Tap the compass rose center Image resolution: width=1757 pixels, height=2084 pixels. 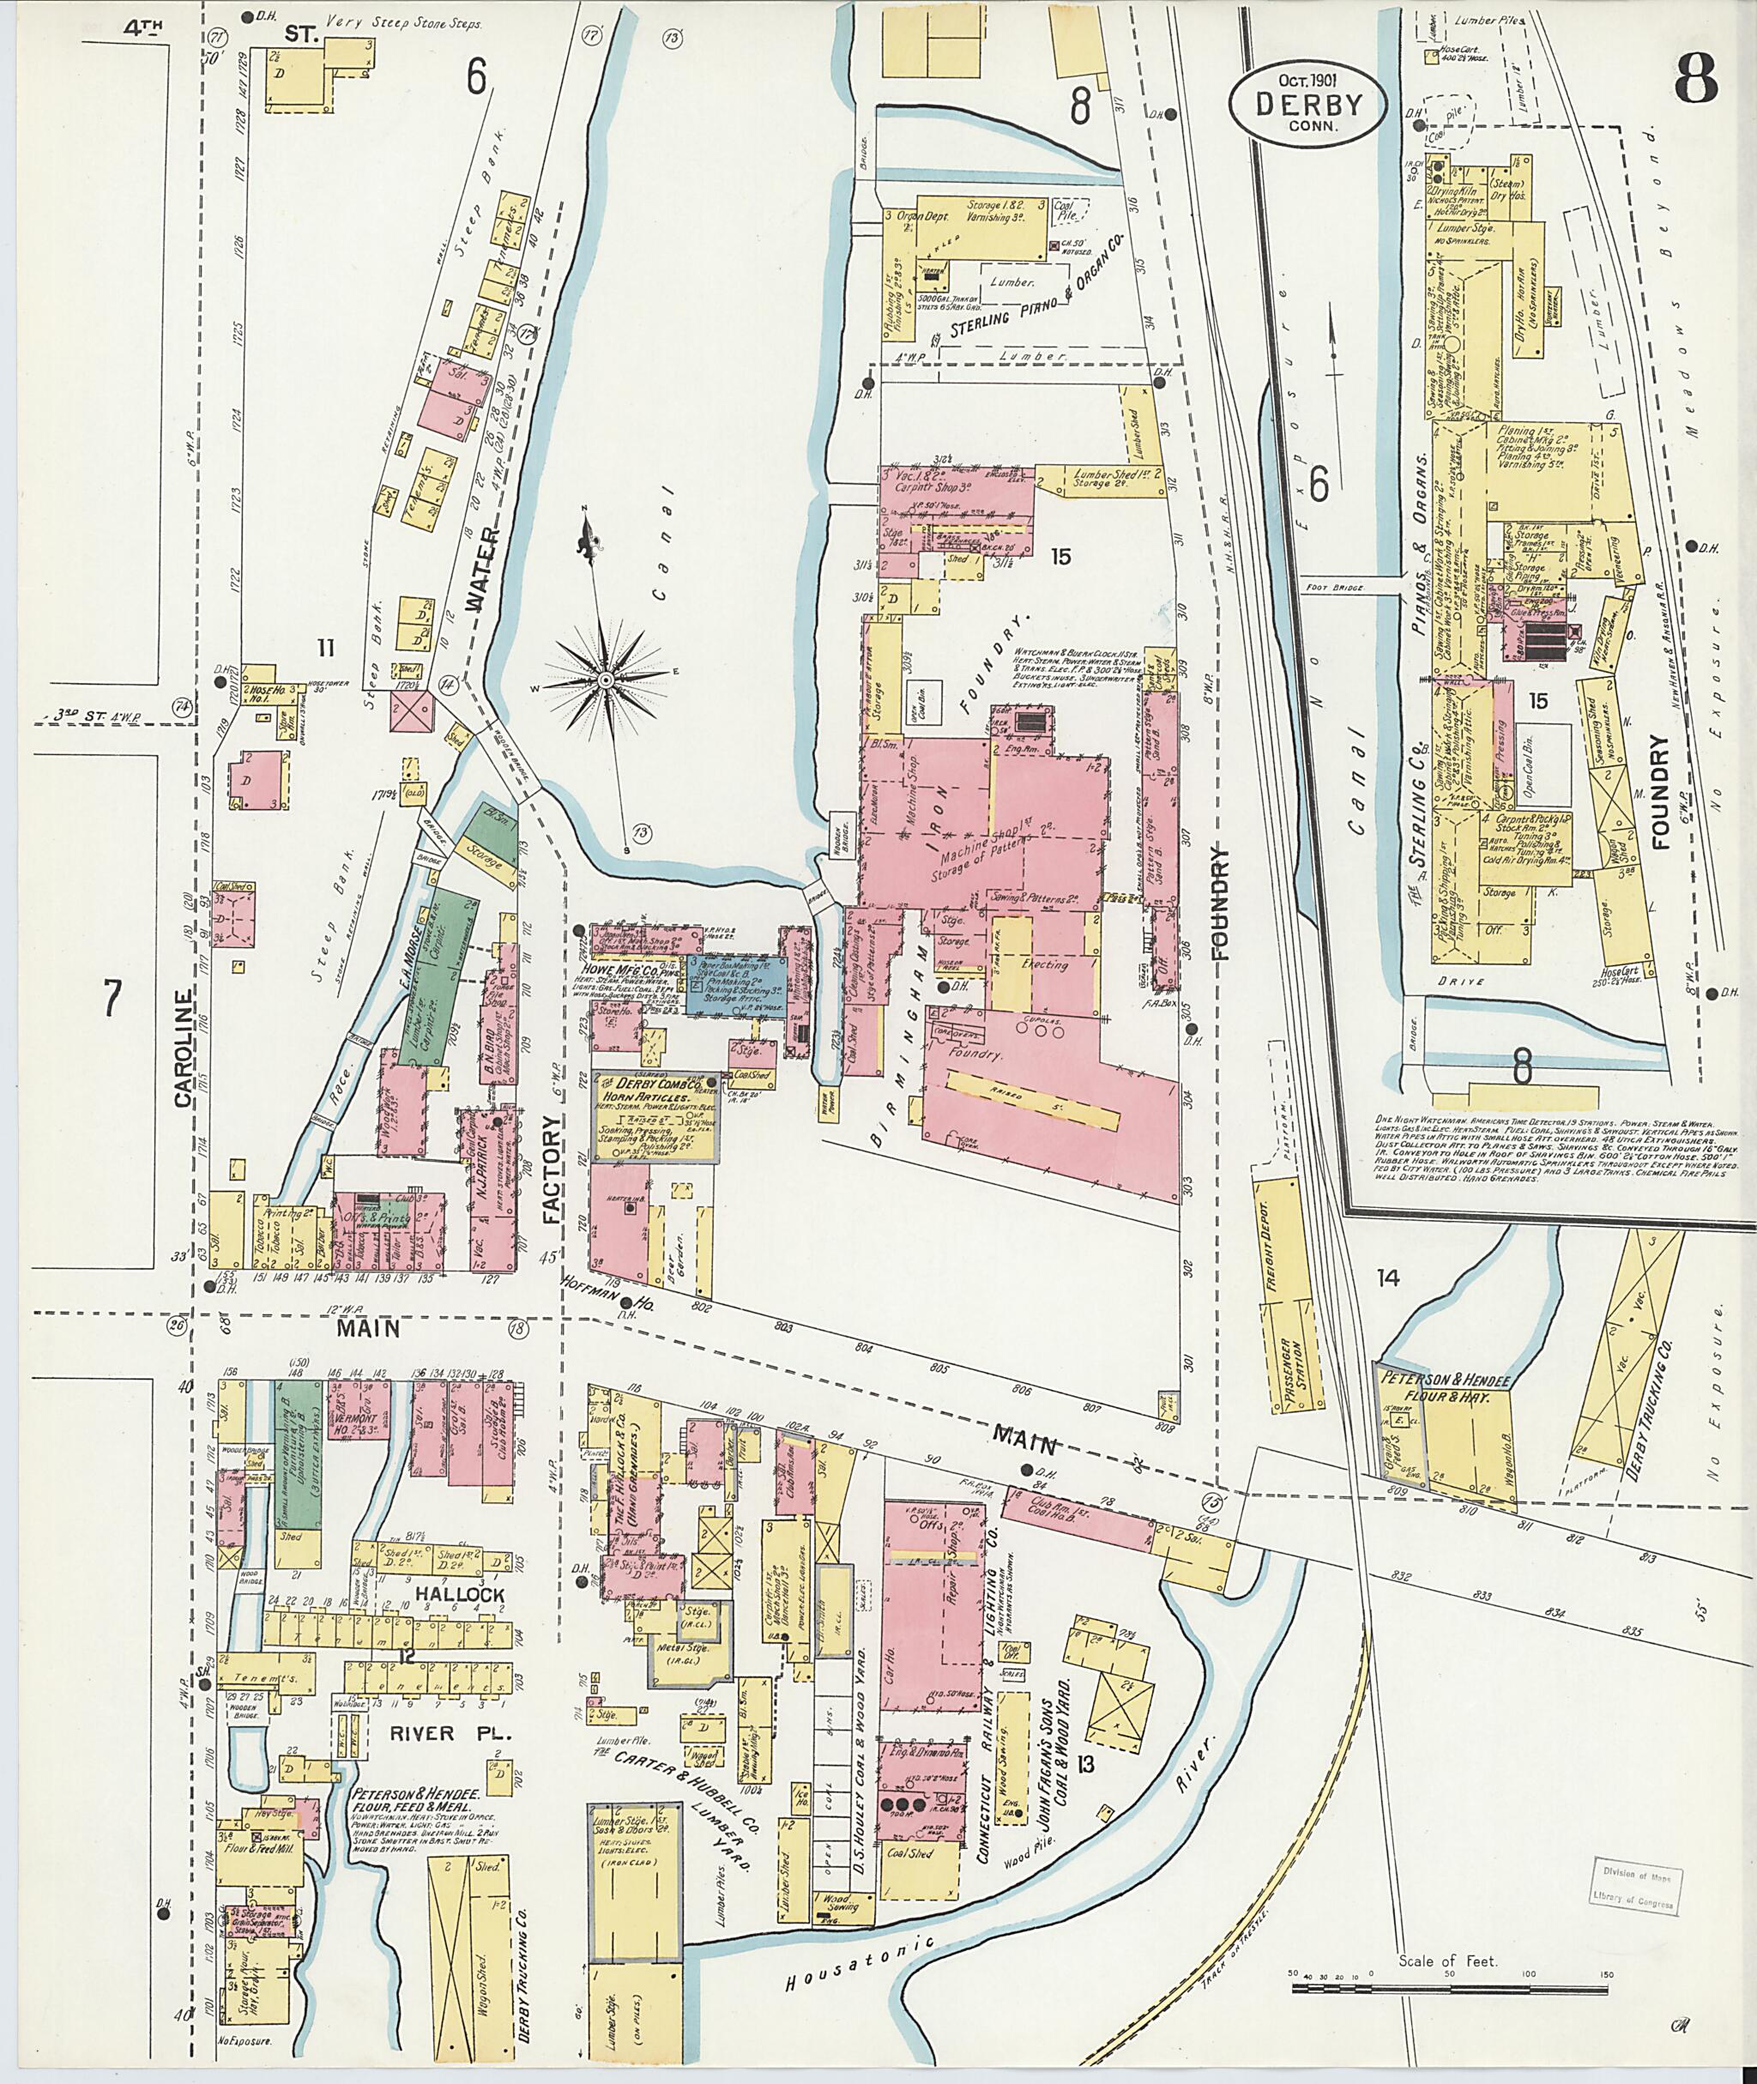pyautogui.click(x=604, y=680)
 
